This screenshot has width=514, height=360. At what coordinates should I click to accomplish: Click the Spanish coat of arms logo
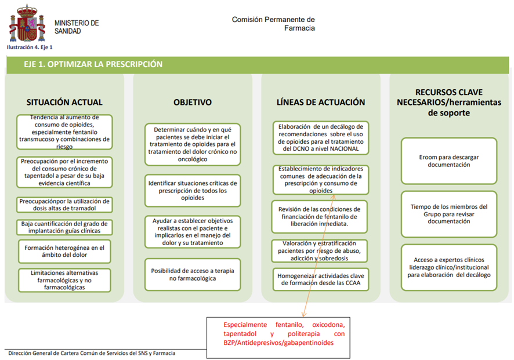click(26, 23)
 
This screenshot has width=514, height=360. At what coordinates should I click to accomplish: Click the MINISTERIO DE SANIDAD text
click(77, 27)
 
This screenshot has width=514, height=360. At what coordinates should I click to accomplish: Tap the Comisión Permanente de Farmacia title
click(273, 23)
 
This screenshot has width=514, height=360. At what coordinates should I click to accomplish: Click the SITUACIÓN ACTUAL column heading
click(64, 102)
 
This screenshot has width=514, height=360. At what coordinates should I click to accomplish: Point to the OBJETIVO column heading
click(193, 102)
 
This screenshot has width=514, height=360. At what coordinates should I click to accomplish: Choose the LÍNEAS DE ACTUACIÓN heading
click(321, 102)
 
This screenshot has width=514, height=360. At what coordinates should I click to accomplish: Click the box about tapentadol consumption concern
click(64, 172)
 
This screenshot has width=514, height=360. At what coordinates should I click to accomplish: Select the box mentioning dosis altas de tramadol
click(64, 204)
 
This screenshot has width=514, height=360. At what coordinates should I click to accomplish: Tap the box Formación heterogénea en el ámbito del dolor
click(64, 251)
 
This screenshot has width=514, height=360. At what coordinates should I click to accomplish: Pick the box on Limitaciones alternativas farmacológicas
click(64, 279)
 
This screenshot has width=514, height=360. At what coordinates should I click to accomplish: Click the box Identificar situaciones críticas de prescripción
click(193, 190)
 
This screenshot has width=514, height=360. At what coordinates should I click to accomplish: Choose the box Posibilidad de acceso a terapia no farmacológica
click(193, 274)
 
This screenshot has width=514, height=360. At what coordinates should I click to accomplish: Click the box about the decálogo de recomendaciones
click(321, 137)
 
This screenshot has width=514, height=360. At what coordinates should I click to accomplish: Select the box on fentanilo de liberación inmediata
click(321, 216)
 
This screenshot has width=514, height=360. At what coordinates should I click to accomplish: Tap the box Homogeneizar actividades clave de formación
click(321, 279)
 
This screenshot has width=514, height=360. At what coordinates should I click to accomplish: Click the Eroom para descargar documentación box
click(449, 161)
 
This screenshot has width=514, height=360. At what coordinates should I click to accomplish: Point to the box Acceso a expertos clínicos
click(449, 267)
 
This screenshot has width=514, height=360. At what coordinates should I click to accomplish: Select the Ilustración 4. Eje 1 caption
click(30, 47)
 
